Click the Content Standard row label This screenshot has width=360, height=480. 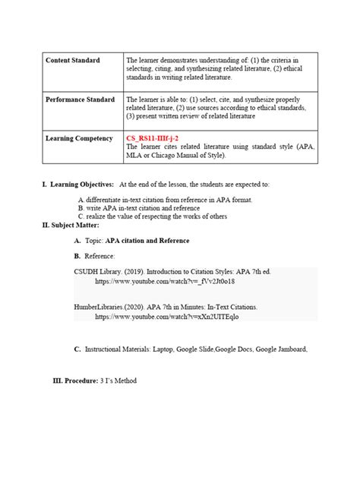(72, 60)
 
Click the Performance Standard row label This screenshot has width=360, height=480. (80, 99)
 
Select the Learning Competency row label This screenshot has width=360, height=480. (80, 139)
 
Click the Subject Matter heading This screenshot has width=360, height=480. (71, 226)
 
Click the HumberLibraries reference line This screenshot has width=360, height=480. (166, 307)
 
